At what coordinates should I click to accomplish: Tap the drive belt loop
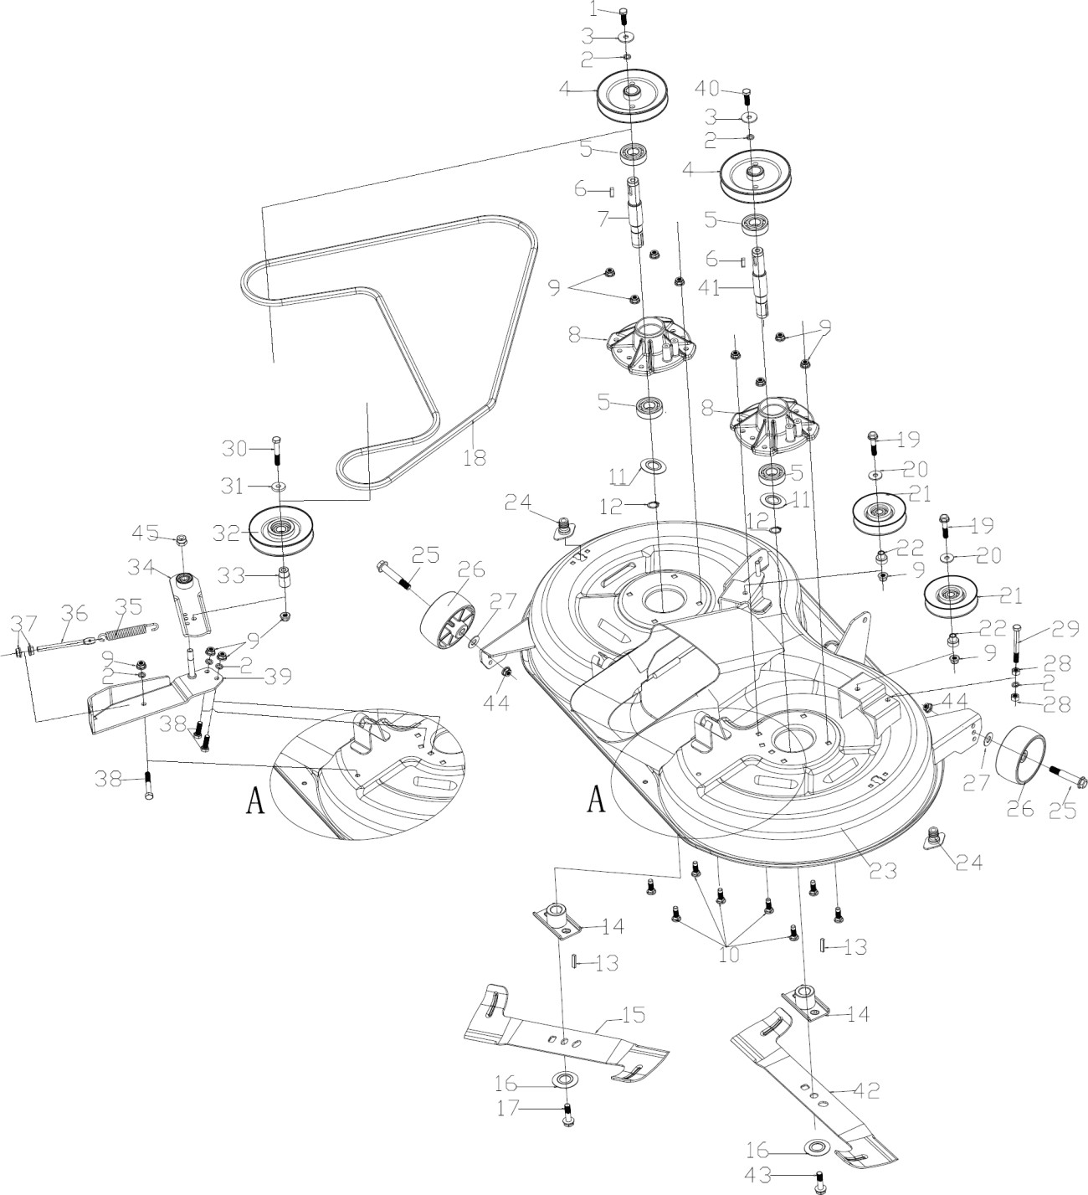[x=533, y=276]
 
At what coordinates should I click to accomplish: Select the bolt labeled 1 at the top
[x=624, y=15]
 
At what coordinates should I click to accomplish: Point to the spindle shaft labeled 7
[x=637, y=214]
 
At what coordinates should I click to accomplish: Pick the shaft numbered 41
[x=761, y=281]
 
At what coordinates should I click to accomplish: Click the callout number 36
[x=74, y=614]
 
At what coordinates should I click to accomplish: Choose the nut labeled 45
[x=183, y=539]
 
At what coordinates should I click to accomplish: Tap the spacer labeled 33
[x=285, y=578]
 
